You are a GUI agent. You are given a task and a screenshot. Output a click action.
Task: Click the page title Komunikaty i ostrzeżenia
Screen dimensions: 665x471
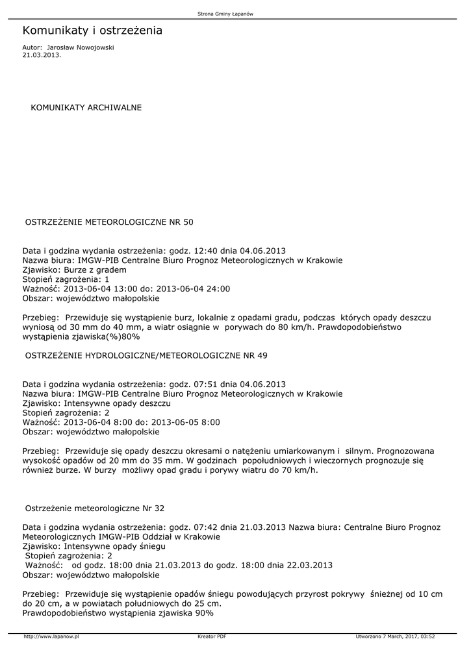(92, 31)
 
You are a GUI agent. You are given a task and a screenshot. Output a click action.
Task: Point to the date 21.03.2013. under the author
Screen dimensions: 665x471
(42, 55)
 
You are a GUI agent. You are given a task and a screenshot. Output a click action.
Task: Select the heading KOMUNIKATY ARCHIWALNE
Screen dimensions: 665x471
(86, 107)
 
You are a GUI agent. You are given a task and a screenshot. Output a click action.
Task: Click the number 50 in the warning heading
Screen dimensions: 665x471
(188, 222)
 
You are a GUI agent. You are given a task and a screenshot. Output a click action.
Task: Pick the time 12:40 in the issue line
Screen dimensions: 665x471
(205, 251)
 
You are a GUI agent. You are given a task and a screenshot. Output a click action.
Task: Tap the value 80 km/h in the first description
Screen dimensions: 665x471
(296, 327)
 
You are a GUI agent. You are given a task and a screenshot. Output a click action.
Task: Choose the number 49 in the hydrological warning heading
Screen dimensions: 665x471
(261, 356)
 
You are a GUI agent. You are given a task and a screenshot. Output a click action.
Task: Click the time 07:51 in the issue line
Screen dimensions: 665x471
(205, 384)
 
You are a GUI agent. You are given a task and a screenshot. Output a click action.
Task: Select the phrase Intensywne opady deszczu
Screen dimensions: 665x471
(115, 403)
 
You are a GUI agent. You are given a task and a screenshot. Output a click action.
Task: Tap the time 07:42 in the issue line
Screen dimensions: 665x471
(205, 527)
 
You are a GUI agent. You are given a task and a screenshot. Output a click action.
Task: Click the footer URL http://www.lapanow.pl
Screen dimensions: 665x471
(51, 636)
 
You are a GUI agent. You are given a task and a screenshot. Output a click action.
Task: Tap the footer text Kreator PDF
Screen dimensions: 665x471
(212, 636)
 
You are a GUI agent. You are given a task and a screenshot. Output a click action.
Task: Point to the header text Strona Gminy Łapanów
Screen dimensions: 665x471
(225, 14)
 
